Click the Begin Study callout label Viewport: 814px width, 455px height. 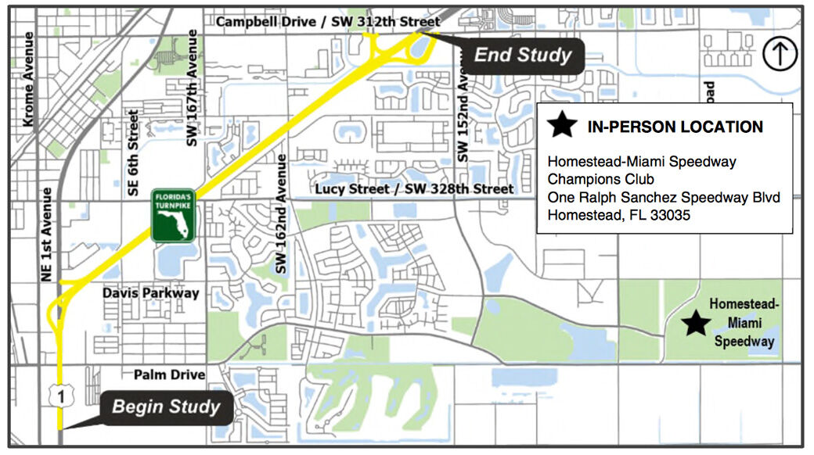(x=166, y=407)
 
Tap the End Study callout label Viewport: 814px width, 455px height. (x=523, y=56)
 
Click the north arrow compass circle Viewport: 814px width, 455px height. (x=780, y=55)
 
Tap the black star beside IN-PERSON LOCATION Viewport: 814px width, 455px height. (x=563, y=125)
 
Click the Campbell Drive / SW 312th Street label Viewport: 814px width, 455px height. (x=329, y=22)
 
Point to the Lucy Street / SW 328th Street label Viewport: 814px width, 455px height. (x=414, y=189)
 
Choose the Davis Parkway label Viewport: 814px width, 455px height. (x=151, y=293)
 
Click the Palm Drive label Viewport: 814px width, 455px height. (x=169, y=375)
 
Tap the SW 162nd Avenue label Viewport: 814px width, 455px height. (x=283, y=213)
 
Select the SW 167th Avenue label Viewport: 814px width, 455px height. (x=193, y=88)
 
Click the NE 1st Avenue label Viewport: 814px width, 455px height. (x=45, y=235)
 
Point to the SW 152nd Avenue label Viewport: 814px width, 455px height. (x=463, y=117)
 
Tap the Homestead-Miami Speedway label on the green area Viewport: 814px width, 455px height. (x=744, y=323)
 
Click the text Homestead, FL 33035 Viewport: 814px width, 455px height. (x=618, y=215)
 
